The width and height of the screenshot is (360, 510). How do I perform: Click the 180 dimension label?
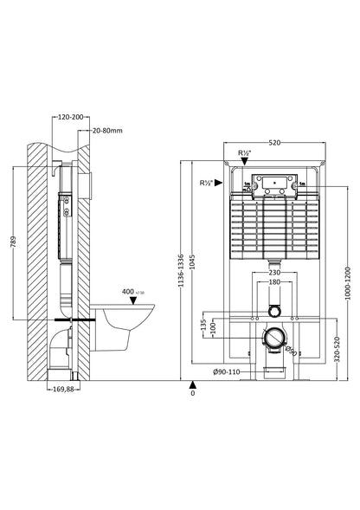[273, 282]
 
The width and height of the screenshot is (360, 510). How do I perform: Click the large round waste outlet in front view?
[273, 340]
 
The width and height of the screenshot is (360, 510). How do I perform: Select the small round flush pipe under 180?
[273, 310]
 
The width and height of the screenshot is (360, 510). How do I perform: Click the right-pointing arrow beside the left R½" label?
[219, 183]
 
